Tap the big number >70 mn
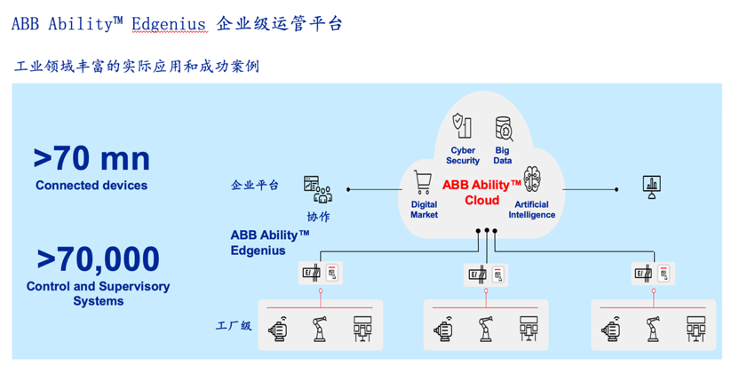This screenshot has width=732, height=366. point(91,158)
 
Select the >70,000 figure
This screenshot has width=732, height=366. point(98,259)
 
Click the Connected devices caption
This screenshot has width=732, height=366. point(91,186)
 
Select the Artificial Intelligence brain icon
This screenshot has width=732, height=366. point(532,181)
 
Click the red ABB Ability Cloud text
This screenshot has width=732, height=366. point(481,192)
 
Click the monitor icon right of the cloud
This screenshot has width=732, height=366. point(652,186)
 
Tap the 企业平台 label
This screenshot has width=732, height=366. point(255,185)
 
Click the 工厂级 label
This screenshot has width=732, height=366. point(234,326)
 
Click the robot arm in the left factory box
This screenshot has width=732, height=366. point(319,329)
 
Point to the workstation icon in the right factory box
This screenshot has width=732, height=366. point(696,329)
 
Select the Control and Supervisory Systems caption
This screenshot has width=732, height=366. point(98,294)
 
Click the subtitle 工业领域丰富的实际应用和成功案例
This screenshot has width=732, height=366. point(137,67)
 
